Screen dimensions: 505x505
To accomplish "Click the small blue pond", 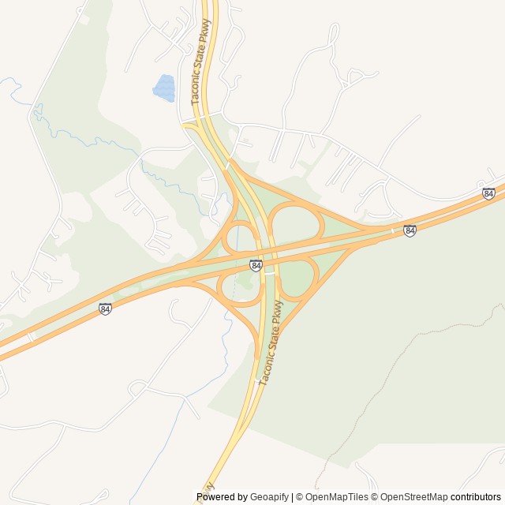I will click(x=164, y=88).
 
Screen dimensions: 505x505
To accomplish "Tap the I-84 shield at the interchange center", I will click(x=256, y=266).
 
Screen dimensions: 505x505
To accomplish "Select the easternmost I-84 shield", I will click(x=488, y=193).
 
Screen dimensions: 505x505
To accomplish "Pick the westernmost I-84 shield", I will click(x=105, y=309).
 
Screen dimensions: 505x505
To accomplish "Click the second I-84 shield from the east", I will click(x=410, y=230).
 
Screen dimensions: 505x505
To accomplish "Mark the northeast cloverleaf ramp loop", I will click(x=296, y=222).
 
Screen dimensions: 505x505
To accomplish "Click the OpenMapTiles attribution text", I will click(x=336, y=497).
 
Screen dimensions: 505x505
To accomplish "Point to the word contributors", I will click(x=476, y=497).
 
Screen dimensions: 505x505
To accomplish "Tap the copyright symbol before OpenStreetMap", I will click(x=376, y=497).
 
